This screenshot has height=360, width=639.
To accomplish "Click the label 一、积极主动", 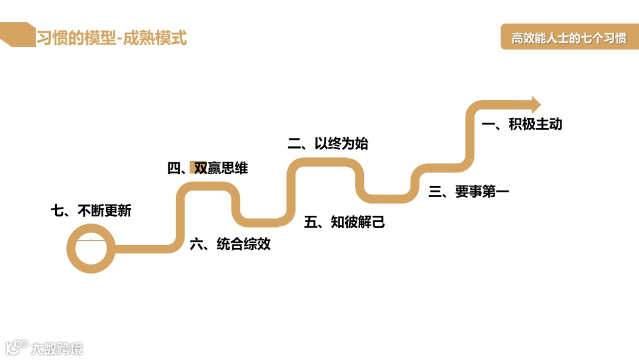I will tap(521, 124).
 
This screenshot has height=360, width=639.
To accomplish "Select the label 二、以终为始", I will tap(328, 143).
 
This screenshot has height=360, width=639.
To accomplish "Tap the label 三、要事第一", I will tap(469, 191).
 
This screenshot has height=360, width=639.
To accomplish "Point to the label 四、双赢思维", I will tap(208, 169).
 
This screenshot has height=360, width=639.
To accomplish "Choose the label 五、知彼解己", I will tap(344, 222).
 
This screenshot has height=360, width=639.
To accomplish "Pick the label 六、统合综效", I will tap(230, 244).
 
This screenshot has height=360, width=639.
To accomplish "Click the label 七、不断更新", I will tap(91, 210).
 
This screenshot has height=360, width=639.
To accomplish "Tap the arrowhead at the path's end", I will tap(535, 105).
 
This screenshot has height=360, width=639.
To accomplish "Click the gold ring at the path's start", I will tap(90, 250).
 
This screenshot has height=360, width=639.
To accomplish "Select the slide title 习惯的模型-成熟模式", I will tap(111, 38).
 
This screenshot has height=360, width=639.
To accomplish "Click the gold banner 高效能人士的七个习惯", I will tap(569, 38).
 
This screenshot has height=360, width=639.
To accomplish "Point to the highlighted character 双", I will tap(201, 169).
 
